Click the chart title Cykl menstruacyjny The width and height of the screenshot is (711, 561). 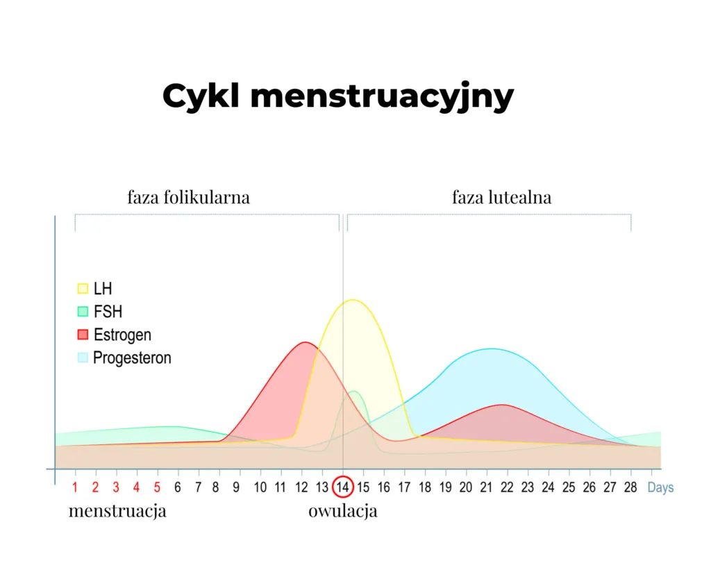coord(338,97)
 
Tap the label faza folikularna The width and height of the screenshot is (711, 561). coord(188,197)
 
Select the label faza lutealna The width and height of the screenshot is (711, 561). coord(501,197)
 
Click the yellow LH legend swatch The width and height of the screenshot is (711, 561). coord(83,288)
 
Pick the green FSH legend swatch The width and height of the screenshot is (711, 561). coord(83,312)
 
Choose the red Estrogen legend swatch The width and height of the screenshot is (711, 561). coord(83,335)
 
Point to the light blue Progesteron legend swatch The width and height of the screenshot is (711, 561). coord(83,358)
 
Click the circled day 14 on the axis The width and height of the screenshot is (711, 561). coord(343,487)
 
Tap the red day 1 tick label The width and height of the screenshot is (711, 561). coord(75,487)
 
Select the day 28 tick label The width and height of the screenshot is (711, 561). coord(630,487)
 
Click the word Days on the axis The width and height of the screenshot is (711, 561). coord(660,487)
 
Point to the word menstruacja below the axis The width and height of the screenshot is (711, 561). coord(117,512)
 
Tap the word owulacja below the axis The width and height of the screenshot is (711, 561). coord(343,512)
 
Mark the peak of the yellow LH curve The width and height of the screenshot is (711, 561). coord(353,300)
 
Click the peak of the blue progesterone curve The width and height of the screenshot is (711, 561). coord(492,349)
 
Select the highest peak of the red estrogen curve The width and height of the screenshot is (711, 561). coord(304,342)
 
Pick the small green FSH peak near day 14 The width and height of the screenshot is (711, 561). coord(354,392)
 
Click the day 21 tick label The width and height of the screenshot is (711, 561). coord(487,487)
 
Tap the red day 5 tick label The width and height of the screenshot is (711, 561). coord(158,487)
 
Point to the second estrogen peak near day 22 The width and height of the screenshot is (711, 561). coord(503,405)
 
